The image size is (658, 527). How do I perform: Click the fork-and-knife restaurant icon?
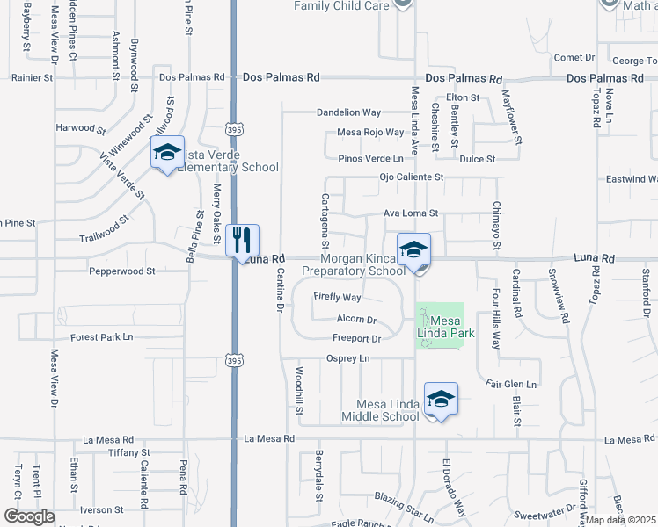241,239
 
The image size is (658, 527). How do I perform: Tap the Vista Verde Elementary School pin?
167,153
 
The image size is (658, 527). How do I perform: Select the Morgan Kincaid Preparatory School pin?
413,250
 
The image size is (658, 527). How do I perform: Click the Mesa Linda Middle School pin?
441,400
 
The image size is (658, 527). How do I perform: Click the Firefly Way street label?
338,298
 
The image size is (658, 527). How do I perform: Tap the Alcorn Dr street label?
356,320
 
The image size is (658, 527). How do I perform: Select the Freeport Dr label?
356,339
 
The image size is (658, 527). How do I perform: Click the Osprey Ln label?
347,358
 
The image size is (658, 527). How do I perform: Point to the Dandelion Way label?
348,113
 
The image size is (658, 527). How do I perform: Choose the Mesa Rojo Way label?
370,134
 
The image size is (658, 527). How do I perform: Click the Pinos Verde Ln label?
376,159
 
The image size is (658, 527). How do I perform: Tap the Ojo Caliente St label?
412,177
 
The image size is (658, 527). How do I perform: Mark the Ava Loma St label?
411,213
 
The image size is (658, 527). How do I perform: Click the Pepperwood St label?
121,272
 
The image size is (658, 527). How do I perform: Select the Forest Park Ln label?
101,337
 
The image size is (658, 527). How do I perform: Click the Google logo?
28,516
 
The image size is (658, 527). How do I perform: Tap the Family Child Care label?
340,5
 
